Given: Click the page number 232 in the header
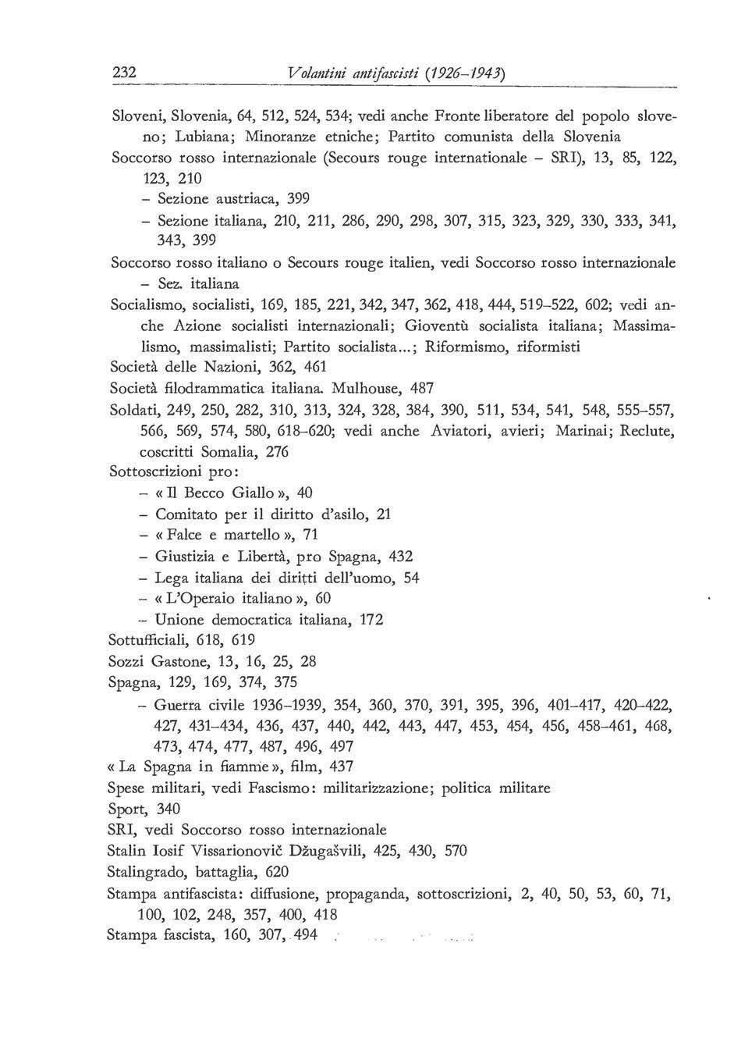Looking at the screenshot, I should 125,72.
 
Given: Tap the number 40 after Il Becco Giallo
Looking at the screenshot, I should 306,493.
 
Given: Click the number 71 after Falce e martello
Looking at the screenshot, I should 311,536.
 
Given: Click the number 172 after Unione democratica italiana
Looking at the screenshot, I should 371,620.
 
